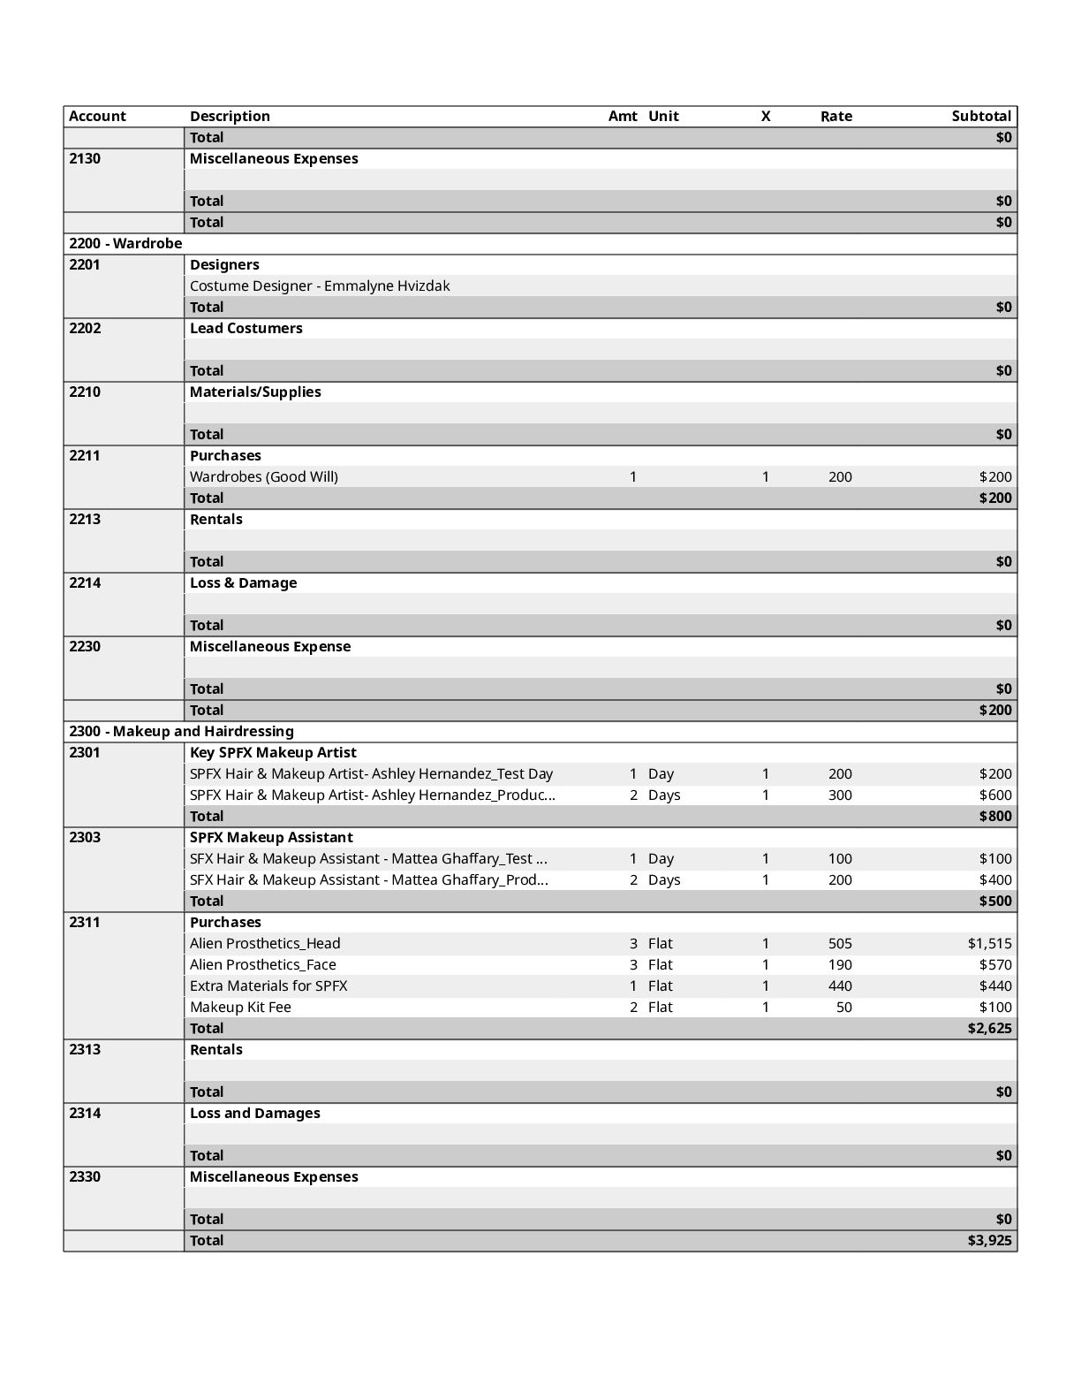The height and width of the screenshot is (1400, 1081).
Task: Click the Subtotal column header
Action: [980, 116]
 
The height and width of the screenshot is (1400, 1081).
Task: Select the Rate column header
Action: [835, 116]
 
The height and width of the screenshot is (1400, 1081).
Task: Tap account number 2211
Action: [85, 455]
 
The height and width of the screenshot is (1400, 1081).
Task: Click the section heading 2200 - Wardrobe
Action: [125, 243]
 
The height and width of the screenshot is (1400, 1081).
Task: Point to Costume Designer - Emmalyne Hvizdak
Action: [320, 285]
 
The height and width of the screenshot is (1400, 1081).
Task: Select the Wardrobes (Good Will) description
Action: [263, 476]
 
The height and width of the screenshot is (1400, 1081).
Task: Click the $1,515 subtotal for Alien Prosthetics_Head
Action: [989, 943]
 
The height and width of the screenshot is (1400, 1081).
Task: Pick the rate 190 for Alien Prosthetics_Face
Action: [840, 964]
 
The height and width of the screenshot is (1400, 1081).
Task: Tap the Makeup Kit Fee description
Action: [240, 1007]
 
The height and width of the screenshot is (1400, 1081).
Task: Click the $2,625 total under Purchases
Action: [989, 1028]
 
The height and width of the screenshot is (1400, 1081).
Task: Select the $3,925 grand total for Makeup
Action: [989, 1240]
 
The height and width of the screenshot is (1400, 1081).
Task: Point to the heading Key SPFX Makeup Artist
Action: [273, 752]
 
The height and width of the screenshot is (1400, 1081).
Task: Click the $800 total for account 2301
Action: [994, 816]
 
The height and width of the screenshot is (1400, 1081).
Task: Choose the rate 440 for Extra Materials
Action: [840, 985]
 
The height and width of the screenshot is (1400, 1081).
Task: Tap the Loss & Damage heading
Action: [243, 582]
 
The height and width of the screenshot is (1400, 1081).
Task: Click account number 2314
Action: [85, 1113]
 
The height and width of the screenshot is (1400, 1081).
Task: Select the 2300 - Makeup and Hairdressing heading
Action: [181, 731]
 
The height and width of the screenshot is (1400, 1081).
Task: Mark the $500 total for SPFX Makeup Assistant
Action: [994, 901]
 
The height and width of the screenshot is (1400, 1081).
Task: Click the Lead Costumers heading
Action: [246, 328]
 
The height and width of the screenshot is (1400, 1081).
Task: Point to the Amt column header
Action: [622, 116]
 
